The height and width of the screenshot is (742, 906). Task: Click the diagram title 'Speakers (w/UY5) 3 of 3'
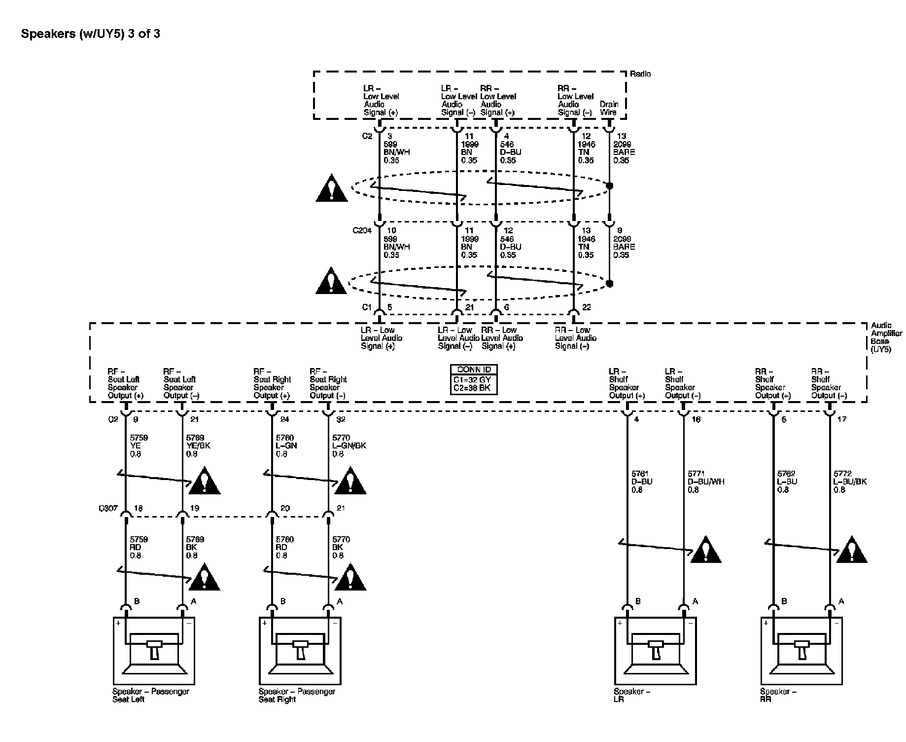(91, 34)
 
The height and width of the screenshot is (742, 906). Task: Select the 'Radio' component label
(640, 74)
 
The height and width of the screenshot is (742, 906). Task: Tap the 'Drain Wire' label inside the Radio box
(609, 108)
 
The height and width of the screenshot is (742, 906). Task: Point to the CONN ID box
(473, 379)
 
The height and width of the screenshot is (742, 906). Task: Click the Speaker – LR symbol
(655, 650)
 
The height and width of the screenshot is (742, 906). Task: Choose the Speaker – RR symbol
(801, 650)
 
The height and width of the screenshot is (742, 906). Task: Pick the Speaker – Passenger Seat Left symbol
(154, 650)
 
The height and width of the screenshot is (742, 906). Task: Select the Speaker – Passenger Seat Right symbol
(300, 650)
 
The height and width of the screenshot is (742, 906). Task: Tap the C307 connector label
(108, 508)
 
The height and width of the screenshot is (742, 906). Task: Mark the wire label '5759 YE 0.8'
(139, 445)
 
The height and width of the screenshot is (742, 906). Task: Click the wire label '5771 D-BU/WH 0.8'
(705, 482)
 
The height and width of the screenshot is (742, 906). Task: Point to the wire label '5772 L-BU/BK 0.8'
(849, 482)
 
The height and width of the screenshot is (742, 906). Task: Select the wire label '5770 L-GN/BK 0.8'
(348, 445)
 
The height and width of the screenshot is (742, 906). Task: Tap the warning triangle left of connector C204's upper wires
(332, 188)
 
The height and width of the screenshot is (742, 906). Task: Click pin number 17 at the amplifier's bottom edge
(841, 419)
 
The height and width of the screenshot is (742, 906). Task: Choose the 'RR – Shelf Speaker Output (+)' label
(773, 383)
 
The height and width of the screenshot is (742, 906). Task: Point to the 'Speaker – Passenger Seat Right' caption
(297, 695)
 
